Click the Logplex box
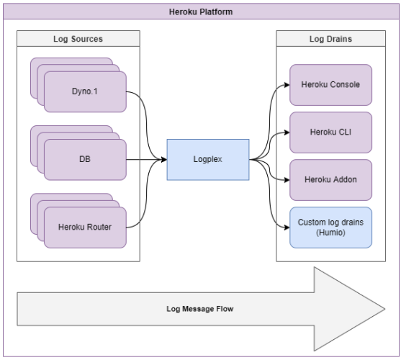tap(208, 160)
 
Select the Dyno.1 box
tap(85, 91)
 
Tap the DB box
tap(85, 160)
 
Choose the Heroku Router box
tap(85, 228)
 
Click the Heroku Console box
tap(330, 85)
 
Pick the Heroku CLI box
tap(330, 132)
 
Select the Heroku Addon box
tap(330, 180)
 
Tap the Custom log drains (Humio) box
tap(330, 228)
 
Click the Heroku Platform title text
tap(201, 12)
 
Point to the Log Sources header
tap(78, 39)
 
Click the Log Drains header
tap(330, 39)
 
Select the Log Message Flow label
tap(200, 309)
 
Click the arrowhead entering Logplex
tap(164, 160)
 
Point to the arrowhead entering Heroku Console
tap(287, 85)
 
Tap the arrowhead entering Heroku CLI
tap(287, 132)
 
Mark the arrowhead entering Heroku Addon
tap(287, 180)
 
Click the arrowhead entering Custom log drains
tap(287, 228)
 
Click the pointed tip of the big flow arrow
tap(385, 309)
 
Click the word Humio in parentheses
tap(330, 233)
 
